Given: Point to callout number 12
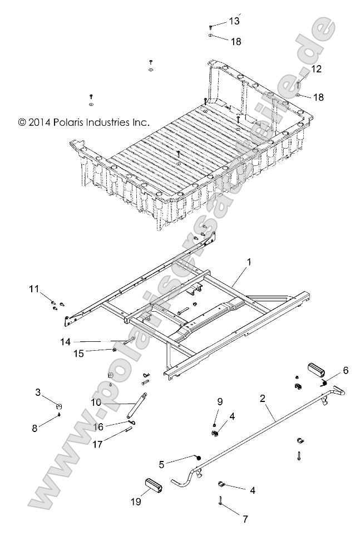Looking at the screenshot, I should tap(317, 69).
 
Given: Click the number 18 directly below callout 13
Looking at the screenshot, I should tap(236, 42).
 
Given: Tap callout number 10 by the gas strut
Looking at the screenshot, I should tap(95, 401).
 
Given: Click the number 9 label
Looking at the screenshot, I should tap(220, 401).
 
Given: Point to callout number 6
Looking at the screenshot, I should tap(346, 370).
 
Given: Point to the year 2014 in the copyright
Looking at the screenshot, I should tap(39, 121).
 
